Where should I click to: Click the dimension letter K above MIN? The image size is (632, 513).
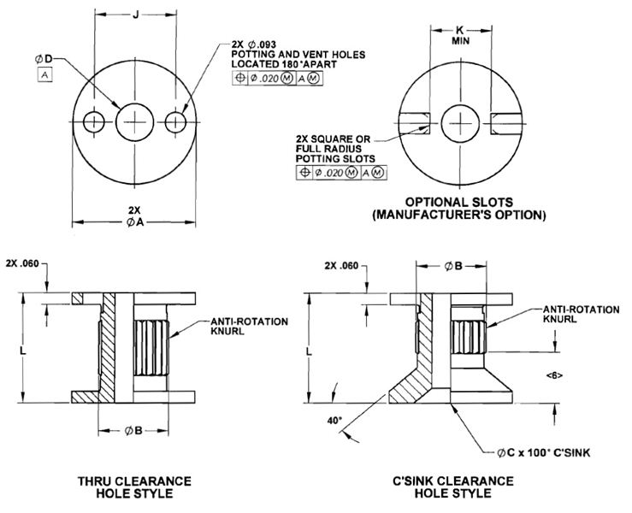pyautogui.click(x=462, y=28)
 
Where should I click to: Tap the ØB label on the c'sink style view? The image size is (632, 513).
pyautogui.click(x=453, y=266)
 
